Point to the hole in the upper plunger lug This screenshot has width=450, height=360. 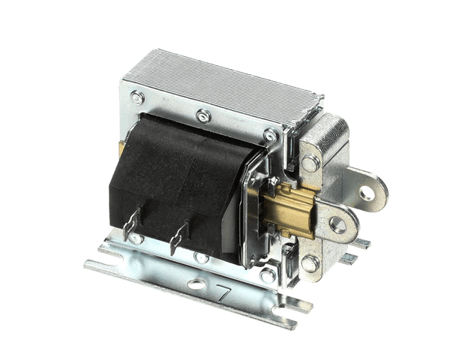click(366, 193)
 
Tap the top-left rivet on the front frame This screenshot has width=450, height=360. click(138, 97)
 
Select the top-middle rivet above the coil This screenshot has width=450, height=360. click(202, 116)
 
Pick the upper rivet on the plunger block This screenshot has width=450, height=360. click(310, 163)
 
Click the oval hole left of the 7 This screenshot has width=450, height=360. click(196, 284)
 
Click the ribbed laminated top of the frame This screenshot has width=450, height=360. click(225, 86)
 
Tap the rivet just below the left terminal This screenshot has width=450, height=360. click(136, 238)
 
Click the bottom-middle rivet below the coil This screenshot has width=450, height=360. click(201, 257)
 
